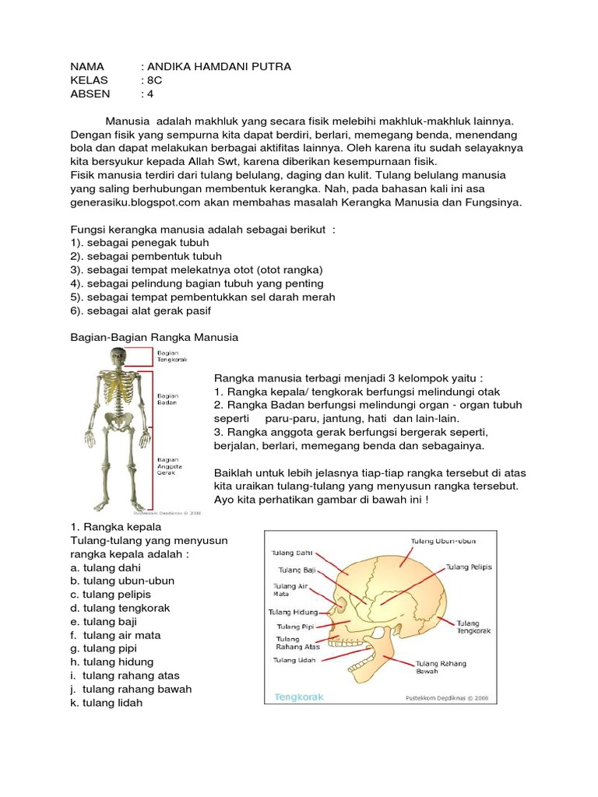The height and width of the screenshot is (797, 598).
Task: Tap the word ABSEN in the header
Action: pos(90,94)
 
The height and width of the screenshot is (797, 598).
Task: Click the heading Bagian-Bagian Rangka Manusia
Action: pos(149,337)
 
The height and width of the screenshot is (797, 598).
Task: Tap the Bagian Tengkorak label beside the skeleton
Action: pos(169,356)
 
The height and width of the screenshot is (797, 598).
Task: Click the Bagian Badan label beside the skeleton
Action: pos(167,399)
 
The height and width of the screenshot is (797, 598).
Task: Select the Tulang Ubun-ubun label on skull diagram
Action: pos(443,540)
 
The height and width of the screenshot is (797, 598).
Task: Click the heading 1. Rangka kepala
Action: pos(115,527)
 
